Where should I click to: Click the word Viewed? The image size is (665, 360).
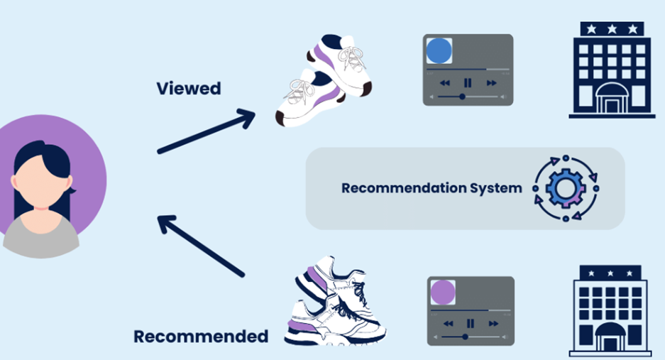[189, 88]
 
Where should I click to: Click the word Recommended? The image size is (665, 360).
[201, 337]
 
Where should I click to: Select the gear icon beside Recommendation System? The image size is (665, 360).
[566, 188]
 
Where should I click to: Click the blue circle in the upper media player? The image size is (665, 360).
[439, 51]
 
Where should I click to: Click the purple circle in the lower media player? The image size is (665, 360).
[443, 292]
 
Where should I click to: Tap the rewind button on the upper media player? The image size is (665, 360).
[444, 83]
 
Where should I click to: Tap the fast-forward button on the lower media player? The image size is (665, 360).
[493, 324]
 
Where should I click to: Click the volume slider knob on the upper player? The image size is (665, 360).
[462, 97]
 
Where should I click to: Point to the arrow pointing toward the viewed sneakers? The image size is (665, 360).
[206, 131]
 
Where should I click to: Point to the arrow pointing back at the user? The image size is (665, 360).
[201, 246]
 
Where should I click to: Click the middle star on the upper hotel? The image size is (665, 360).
[612, 29]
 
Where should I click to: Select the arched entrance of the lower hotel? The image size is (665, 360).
[610, 337]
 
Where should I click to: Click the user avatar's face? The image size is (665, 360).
[40, 185]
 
